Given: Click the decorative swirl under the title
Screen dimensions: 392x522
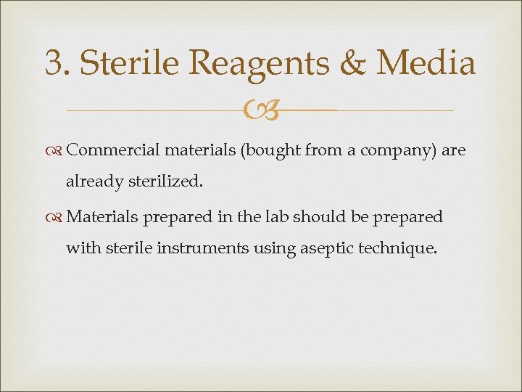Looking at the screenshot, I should [260, 111].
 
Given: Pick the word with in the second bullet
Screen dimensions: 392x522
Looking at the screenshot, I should [80, 248].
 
